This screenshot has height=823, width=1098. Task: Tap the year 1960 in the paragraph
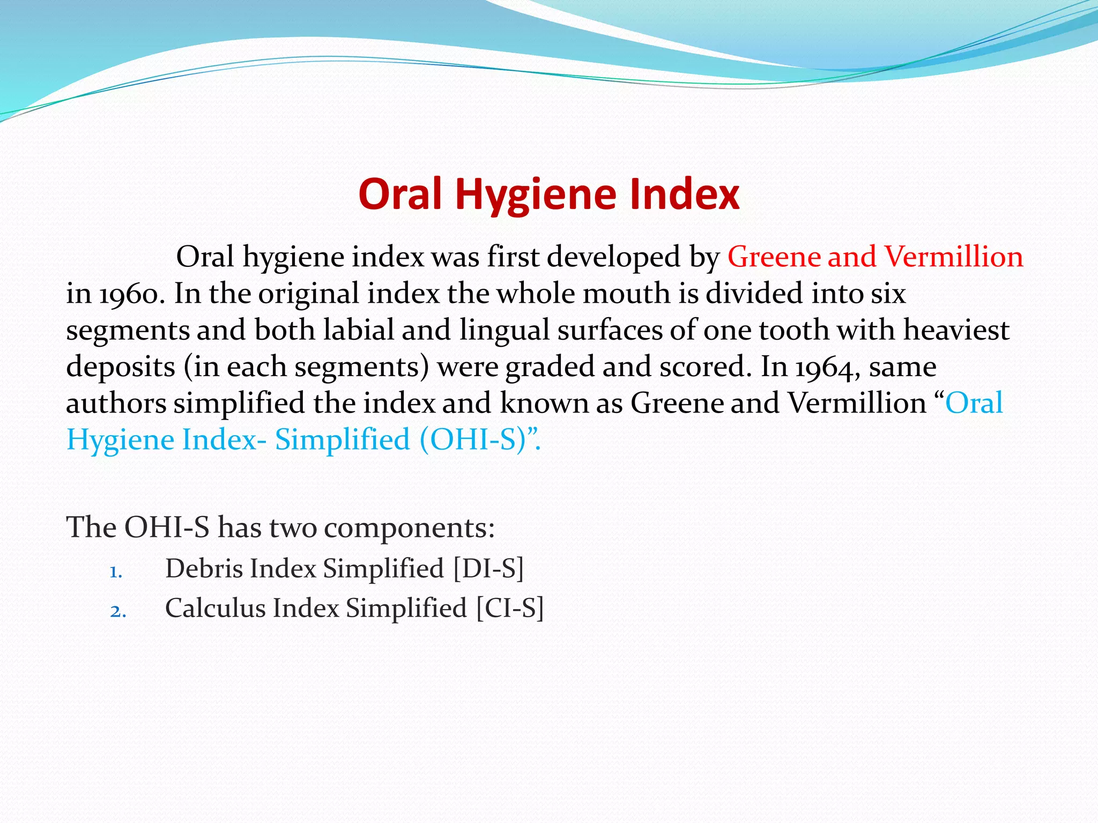pyautogui.click(x=129, y=294)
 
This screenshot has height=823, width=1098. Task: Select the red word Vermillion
pyautogui.click(x=954, y=257)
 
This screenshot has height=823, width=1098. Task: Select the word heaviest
pyautogui.click(x=956, y=330)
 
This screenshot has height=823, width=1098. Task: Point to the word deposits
pyautogui.click(x=121, y=368)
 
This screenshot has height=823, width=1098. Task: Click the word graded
pyautogui.click(x=549, y=368)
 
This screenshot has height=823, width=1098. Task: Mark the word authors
pyautogui.click(x=115, y=403)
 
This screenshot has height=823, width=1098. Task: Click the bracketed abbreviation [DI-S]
pyautogui.click(x=488, y=568)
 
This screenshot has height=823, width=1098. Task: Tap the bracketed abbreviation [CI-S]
pyautogui.click(x=510, y=609)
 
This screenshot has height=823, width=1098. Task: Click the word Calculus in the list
pyautogui.click(x=215, y=609)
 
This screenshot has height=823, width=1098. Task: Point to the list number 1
pyautogui.click(x=116, y=573)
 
